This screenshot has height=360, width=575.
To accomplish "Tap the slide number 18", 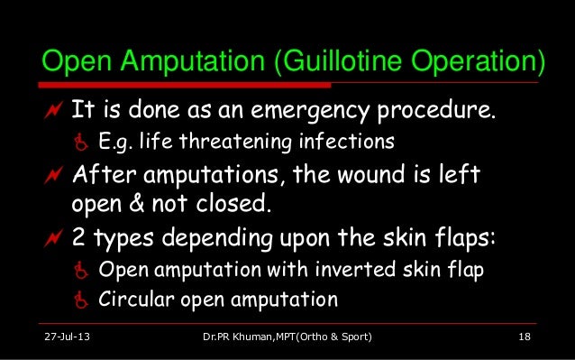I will [x=524, y=338].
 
